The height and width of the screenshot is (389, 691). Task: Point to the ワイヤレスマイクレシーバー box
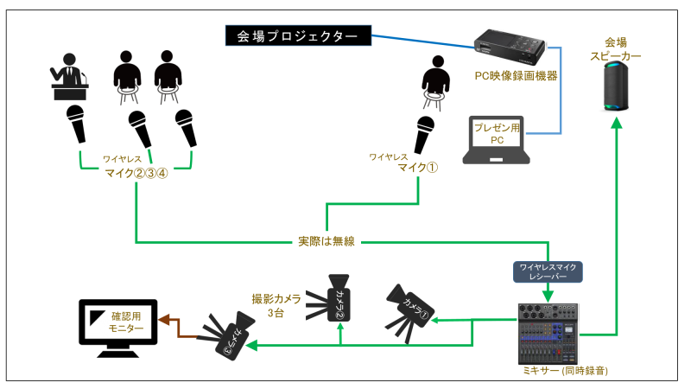pos(548,271)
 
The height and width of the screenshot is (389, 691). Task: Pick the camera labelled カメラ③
pos(227,334)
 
